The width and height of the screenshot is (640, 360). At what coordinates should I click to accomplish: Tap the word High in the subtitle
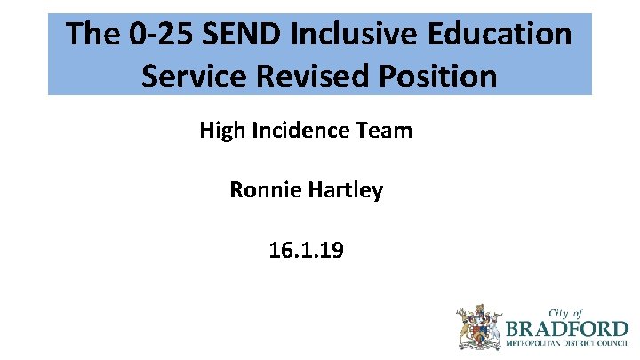[x=221, y=131]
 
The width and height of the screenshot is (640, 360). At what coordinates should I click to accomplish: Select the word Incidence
[x=299, y=131]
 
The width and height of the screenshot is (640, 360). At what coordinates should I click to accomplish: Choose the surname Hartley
[x=344, y=190]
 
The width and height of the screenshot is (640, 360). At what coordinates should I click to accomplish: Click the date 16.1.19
[x=306, y=251]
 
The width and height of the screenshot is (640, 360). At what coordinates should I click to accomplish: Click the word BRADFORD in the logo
[x=566, y=328]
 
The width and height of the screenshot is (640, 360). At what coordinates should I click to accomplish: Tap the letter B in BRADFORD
[x=513, y=328]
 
